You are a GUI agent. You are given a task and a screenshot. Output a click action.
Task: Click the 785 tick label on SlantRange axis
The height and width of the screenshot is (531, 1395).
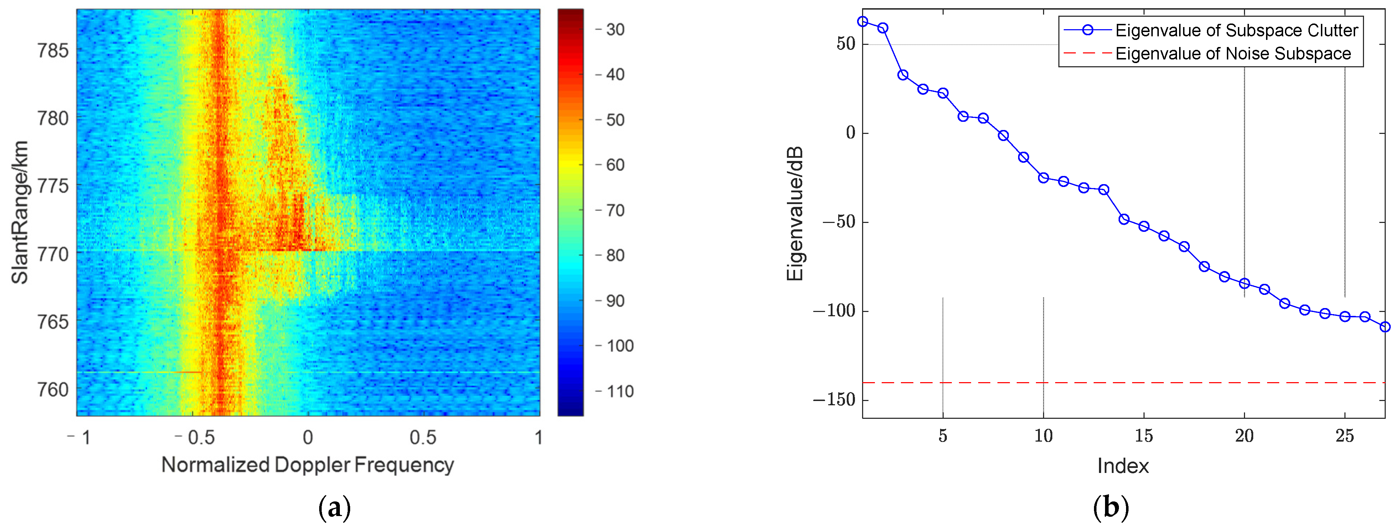pyautogui.click(x=52, y=51)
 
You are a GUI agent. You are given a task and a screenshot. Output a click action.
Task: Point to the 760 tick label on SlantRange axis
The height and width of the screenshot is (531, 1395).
pyautogui.click(x=52, y=390)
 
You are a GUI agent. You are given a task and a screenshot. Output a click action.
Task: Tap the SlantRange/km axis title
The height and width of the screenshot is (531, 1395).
pyautogui.click(x=20, y=212)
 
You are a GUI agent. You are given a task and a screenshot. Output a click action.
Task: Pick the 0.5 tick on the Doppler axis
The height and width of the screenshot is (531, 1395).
pyautogui.click(x=422, y=437)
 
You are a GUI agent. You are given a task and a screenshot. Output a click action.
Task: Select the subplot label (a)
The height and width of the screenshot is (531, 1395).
pyautogui.click(x=335, y=508)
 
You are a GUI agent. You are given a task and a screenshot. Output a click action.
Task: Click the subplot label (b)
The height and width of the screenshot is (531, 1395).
pyautogui.click(x=1111, y=508)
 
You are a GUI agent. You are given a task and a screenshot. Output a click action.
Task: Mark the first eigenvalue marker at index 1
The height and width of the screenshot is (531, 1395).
pyautogui.click(x=863, y=22)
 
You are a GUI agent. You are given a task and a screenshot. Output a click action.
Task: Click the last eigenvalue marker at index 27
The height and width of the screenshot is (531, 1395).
pyautogui.click(x=1385, y=327)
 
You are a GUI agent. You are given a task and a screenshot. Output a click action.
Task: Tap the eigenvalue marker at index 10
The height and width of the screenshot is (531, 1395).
pyautogui.click(x=1043, y=178)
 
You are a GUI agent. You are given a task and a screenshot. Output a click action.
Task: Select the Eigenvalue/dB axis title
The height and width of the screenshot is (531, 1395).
pyautogui.click(x=794, y=214)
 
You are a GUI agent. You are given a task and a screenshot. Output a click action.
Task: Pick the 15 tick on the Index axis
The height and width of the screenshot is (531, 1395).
pyautogui.click(x=1144, y=436)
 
